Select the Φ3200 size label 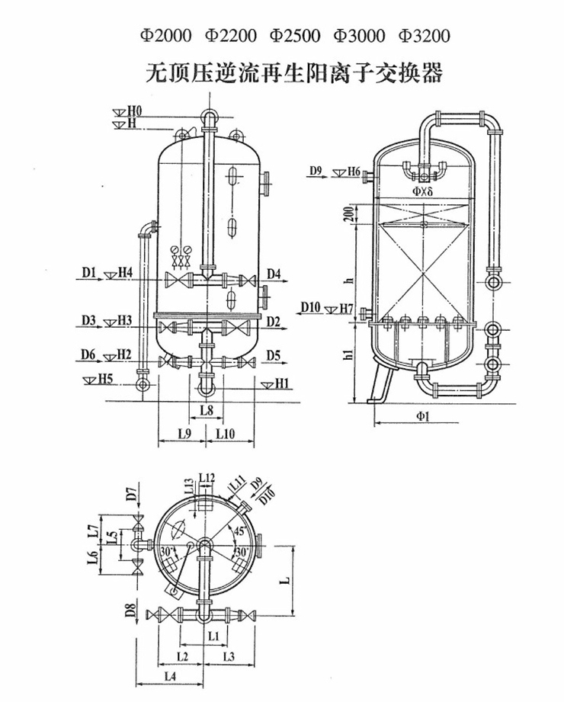(425, 36)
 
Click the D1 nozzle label (88, 271)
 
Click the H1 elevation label (281, 380)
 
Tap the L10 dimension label (225, 434)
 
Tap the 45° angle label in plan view (220, 532)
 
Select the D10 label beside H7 (310, 307)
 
